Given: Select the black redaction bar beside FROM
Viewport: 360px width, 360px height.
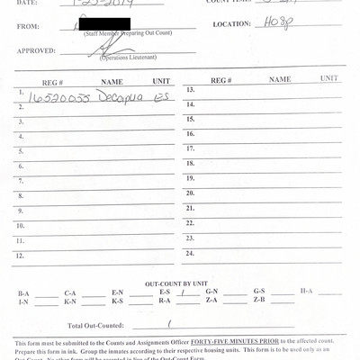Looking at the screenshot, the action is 104,24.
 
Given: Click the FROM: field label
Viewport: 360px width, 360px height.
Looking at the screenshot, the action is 28,26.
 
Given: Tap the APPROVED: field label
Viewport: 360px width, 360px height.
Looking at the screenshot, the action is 35,52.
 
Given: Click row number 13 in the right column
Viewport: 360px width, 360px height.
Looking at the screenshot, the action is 190,90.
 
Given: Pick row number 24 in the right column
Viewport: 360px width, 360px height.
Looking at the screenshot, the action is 190,253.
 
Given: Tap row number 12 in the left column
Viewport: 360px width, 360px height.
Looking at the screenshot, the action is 20,256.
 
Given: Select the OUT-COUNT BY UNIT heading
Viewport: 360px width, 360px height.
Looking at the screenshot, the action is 180,283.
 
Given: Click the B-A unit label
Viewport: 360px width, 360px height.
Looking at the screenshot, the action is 23,293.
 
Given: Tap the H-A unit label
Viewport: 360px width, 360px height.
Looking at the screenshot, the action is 306,292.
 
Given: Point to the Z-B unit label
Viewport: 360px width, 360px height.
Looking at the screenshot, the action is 259,301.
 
